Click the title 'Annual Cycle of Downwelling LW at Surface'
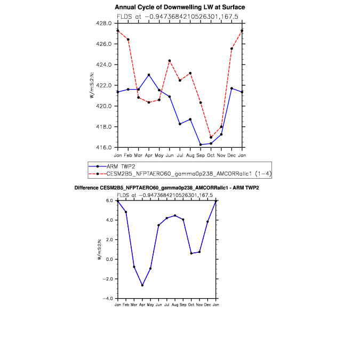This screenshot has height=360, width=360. (180, 7)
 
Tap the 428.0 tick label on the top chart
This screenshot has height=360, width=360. (104, 23)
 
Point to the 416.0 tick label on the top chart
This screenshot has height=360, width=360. (104, 147)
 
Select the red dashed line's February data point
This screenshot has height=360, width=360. (128, 39)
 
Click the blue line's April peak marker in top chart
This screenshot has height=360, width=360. (149, 75)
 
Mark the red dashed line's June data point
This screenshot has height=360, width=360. (170, 61)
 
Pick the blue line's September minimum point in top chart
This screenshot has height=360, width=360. (201, 145)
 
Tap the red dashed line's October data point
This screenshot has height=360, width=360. (211, 137)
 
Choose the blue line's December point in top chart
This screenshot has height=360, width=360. (231, 89)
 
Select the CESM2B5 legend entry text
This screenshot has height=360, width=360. (189, 174)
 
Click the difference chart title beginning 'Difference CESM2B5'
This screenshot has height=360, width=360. (167, 188)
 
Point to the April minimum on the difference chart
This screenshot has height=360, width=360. (142, 285)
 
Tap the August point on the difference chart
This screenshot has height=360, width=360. (175, 215)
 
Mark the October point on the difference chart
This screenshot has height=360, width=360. (191, 253)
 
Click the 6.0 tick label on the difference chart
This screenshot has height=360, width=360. (109, 201)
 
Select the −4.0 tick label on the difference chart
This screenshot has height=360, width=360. (108, 299)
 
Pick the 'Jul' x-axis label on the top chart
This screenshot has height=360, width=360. (180, 155)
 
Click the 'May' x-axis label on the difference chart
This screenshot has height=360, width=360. (150, 305)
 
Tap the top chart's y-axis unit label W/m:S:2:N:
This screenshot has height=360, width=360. (92, 85)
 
